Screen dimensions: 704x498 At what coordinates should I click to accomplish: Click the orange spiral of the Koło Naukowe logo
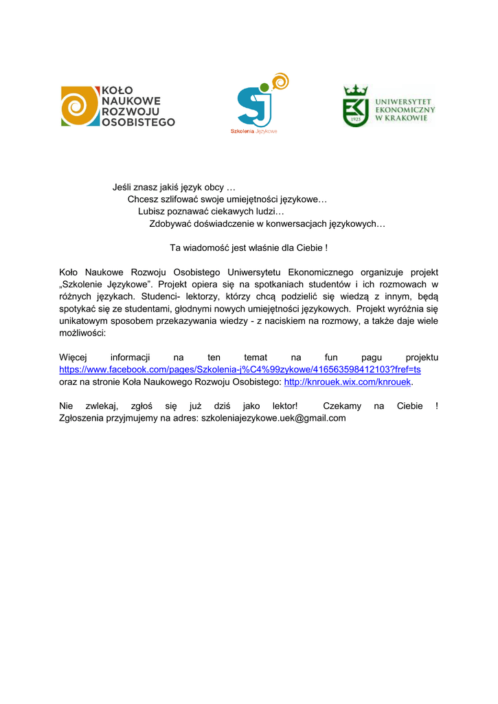(x=78, y=106)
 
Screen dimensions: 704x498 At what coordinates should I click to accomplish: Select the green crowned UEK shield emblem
(x=355, y=107)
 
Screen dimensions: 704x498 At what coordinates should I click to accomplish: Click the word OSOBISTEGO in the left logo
(x=138, y=122)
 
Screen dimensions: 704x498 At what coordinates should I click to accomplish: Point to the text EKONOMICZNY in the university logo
(x=405, y=109)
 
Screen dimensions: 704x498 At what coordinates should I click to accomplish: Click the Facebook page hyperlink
(x=240, y=369)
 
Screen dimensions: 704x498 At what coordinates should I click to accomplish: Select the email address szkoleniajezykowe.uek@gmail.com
(x=273, y=417)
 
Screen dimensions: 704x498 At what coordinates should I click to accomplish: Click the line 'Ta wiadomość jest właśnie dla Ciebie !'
(x=249, y=247)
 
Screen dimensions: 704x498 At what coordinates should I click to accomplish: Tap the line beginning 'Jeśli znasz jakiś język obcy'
(x=174, y=187)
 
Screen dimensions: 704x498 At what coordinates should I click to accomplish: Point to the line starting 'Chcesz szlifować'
(x=227, y=199)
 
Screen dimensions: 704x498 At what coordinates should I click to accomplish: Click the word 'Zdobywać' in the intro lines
(x=171, y=223)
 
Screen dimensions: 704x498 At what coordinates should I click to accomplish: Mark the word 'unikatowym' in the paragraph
(x=82, y=320)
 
